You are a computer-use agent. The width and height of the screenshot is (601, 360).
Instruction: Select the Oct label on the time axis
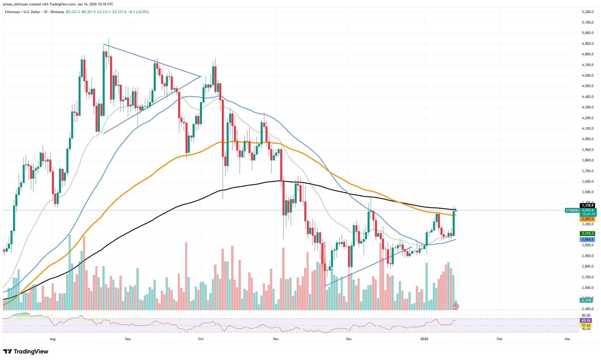point(201,339)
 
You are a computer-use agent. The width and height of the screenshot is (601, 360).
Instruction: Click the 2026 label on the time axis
point(424,339)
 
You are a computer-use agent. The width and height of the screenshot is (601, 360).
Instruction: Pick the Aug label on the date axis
point(52,339)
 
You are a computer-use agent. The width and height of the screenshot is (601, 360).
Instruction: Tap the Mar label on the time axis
point(567,339)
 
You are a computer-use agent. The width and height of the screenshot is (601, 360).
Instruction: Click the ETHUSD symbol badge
point(572,210)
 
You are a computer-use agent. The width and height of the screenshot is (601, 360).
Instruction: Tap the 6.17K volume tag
point(586,300)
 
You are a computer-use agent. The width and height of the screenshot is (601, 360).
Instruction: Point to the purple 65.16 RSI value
point(586,321)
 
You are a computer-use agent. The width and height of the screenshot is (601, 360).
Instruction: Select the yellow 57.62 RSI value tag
point(586,325)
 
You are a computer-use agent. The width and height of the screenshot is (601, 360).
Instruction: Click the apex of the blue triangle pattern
point(201,76)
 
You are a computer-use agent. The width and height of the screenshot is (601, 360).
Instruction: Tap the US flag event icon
point(456,306)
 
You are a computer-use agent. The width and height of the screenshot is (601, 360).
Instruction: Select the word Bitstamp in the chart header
point(58,12)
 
